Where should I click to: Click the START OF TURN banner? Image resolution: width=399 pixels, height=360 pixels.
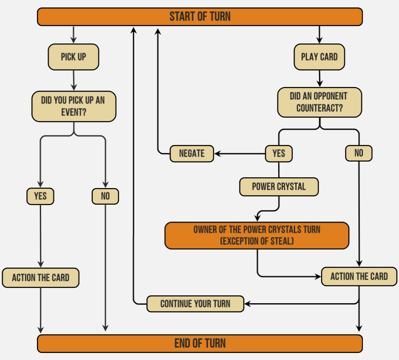pyautogui.click(x=199, y=17)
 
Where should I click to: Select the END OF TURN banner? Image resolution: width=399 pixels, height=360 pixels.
pyautogui.click(x=199, y=343)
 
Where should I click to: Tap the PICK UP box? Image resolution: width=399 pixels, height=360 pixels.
pyautogui.click(x=73, y=57)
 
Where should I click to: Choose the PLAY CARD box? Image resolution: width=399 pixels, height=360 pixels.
pyautogui.click(x=319, y=57)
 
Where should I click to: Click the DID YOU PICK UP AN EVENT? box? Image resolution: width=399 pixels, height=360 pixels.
pyautogui.click(x=73, y=106)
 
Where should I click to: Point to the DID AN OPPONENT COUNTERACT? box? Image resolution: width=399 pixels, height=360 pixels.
pyautogui.click(x=319, y=102)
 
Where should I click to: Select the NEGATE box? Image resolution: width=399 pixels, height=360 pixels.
pyautogui.click(x=192, y=154)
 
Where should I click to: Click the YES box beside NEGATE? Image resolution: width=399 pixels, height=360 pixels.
pyautogui.click(x=279, y=154)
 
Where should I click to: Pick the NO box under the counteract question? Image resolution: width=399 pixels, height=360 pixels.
pyautogui.click(x=359, y=154)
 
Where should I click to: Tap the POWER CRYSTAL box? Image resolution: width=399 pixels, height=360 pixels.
pyautogui.click(x=279, y=187)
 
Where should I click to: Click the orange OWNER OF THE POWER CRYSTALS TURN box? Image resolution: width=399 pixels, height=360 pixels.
pyautogui.click(x=257, y=235)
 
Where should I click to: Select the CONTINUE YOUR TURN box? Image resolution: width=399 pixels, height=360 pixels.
pyautogui.click(x=195, y=304)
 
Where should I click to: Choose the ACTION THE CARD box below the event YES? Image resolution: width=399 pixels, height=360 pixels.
pyautogui.click(x=40, y=278)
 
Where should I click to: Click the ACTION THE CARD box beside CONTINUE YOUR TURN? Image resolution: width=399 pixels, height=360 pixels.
pyautogui.click(x=359, y=277)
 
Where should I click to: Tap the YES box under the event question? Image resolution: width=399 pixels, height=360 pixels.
pyautogui.click(x=40, y=196)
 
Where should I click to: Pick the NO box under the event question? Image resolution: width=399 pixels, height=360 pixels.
pyautogui.click(x=105, y=196)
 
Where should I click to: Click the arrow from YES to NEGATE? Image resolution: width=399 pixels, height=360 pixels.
pyautogui.click(x=240, y=154)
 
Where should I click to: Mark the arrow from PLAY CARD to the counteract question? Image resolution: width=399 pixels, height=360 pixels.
pyautogui.click(x=319, y=79)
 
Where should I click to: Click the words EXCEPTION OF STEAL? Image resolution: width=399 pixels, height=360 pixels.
pyautogui.click(x=257, y=241)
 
